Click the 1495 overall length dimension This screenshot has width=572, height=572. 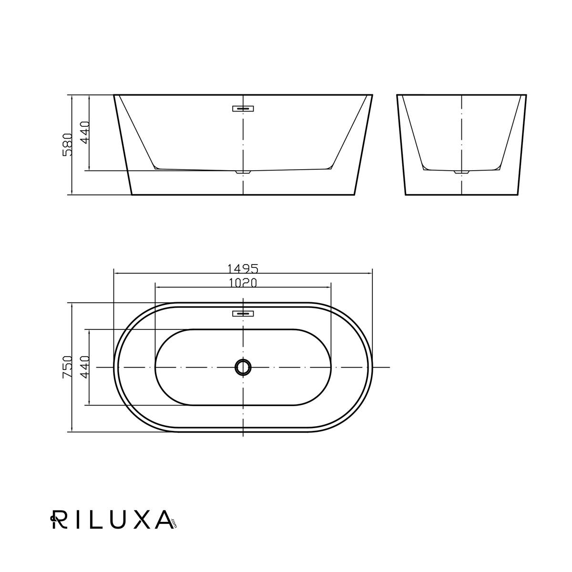pos(243,268)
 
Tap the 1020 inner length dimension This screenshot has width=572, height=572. pos(243,283)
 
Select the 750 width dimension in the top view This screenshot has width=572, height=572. pos(67,367)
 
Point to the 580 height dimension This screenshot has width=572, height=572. pos(67,144)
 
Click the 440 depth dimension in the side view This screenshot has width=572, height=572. pos(85,133)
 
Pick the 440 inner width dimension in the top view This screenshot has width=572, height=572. pos(85,367)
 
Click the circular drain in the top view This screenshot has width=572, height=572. pos(243,367)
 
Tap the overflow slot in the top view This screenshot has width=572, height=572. pos(243,314)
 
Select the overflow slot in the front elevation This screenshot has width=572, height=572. pos(243,109)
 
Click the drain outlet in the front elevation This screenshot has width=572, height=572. pos(243,172)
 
